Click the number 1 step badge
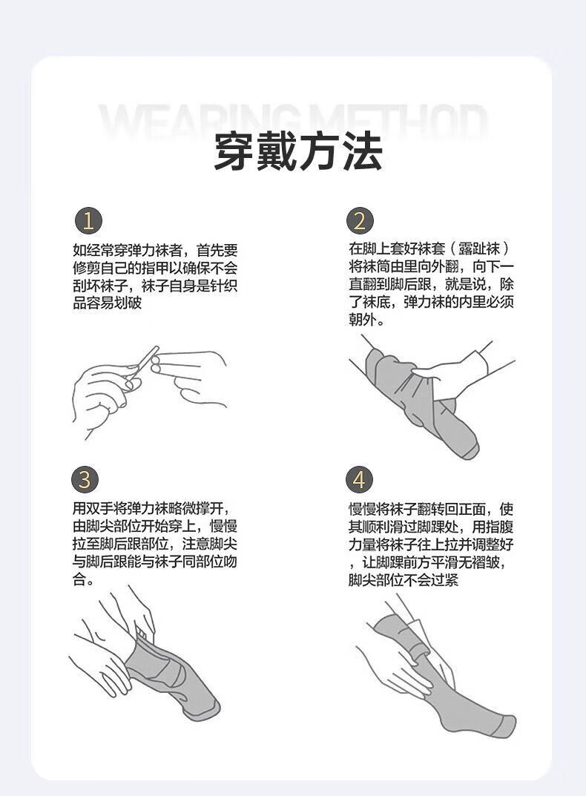pyautogui.click(x=88, y=221)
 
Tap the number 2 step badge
pyautogui.click(x=360, y=221)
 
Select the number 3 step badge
pyautogui.click(x=85, y=480)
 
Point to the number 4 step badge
pyautogui.click(x=360, y=480)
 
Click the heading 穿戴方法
pyautogui.click(x=297, y=151)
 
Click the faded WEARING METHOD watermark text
pyautogui.click(x=294, y=122)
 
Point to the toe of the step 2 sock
pyautogui.click(x=469, y=448)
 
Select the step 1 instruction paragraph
pyautogui.click(x=155, y=277)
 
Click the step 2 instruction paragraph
pyautogui.click(x=431, y=284)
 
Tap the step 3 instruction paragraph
pyautogui.click(x=155, y=545)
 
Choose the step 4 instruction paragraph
pyautogui.click(x=431, y=545)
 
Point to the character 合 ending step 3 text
pyautogui.click(x=79, y=579)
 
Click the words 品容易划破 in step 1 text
pyautogui.click(x=107, y=303)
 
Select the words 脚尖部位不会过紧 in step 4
pyautogui.click(x=404, y=579)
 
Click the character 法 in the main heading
pyautogui.click(x=362, y=151)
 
